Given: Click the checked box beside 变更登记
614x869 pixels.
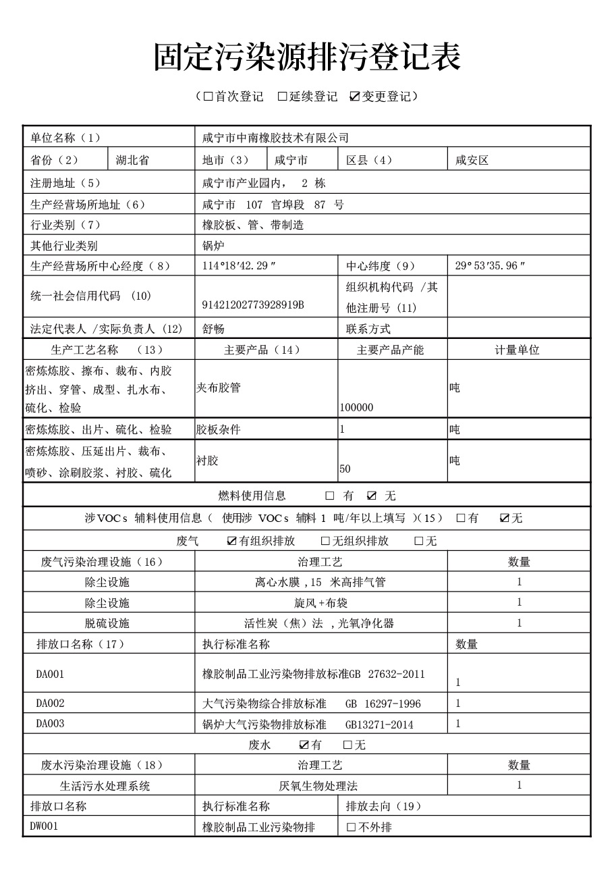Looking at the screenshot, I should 355,97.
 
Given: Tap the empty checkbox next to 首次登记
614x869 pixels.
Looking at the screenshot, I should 208,97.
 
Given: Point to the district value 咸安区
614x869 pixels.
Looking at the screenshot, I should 472,160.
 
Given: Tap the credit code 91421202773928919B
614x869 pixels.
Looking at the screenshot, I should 253,305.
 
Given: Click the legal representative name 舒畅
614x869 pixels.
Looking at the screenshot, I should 213,330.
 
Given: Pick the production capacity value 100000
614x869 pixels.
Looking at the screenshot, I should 357,408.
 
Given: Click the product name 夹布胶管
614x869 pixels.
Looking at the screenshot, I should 218,388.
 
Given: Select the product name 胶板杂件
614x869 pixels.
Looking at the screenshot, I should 218,429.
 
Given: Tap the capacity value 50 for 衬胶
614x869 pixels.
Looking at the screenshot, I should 345,469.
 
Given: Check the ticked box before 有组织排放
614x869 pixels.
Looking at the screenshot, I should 232,541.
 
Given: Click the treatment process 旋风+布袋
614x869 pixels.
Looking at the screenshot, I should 320,603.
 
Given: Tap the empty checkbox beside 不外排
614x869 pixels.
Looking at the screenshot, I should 351,827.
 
